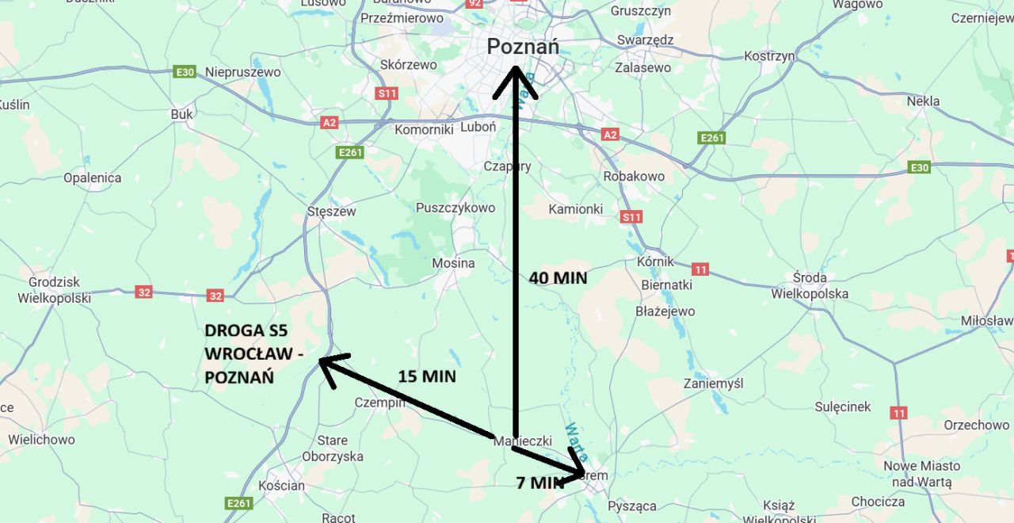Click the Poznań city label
pyautogui.click(x=522, y=47)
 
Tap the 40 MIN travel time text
pyautogui.click(x=558, y=278)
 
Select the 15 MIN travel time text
pyautogui.click(x=427, y=376)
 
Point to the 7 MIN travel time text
pyautogui.click(x=539, y=483)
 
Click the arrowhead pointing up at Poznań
pyautogui.click(x=515, y=79)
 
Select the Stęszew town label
pyautogui.click(x=331, y=212)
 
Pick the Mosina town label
pyautogui.click(x=453, y=263)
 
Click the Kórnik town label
pyautogui.click(x=655, y=261)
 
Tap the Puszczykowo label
pyautogui.click(x=455, y=208)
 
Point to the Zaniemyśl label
pyautogui.click(x=714, y=384)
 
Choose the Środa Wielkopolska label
pyautogui.click(x=810, y=285)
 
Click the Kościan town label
pyautogui.click(x=281, y=485)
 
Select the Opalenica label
pyautogui.click(x=93, y=178)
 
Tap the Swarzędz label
pyautogui.click(x=645, y=40)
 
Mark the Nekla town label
pyautogui.click(x=923, y=101)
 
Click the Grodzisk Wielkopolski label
pyautogui.click(x=55, y=290)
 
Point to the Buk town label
pyautogui.click(x=181, y=114)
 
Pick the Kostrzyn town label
pyautogui.click(x=769, y=56)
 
